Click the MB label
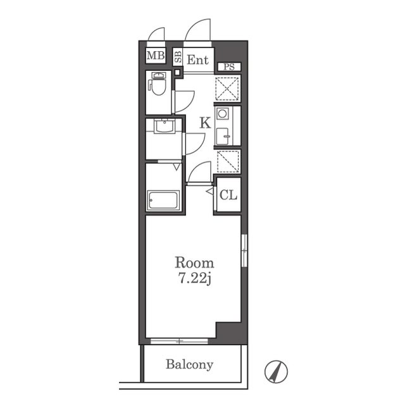pos(156,55)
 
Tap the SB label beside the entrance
pos(178,57)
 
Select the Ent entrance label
pos(198,60)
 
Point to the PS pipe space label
pos(229,66)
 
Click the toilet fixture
pos(157,84)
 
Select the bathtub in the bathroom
pos(163,201)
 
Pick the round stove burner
pos(222,113)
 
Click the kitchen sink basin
pos(222,136)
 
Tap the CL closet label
pos(228,195)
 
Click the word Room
pos(194,263)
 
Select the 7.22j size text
pos(194,278)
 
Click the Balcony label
pos(189,364)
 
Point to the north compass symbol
pos(276,371)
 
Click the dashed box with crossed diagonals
pos(227,89)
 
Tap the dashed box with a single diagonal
pos(228,162)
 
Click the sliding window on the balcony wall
pos(179,341)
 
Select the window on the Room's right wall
pos(244,251)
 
